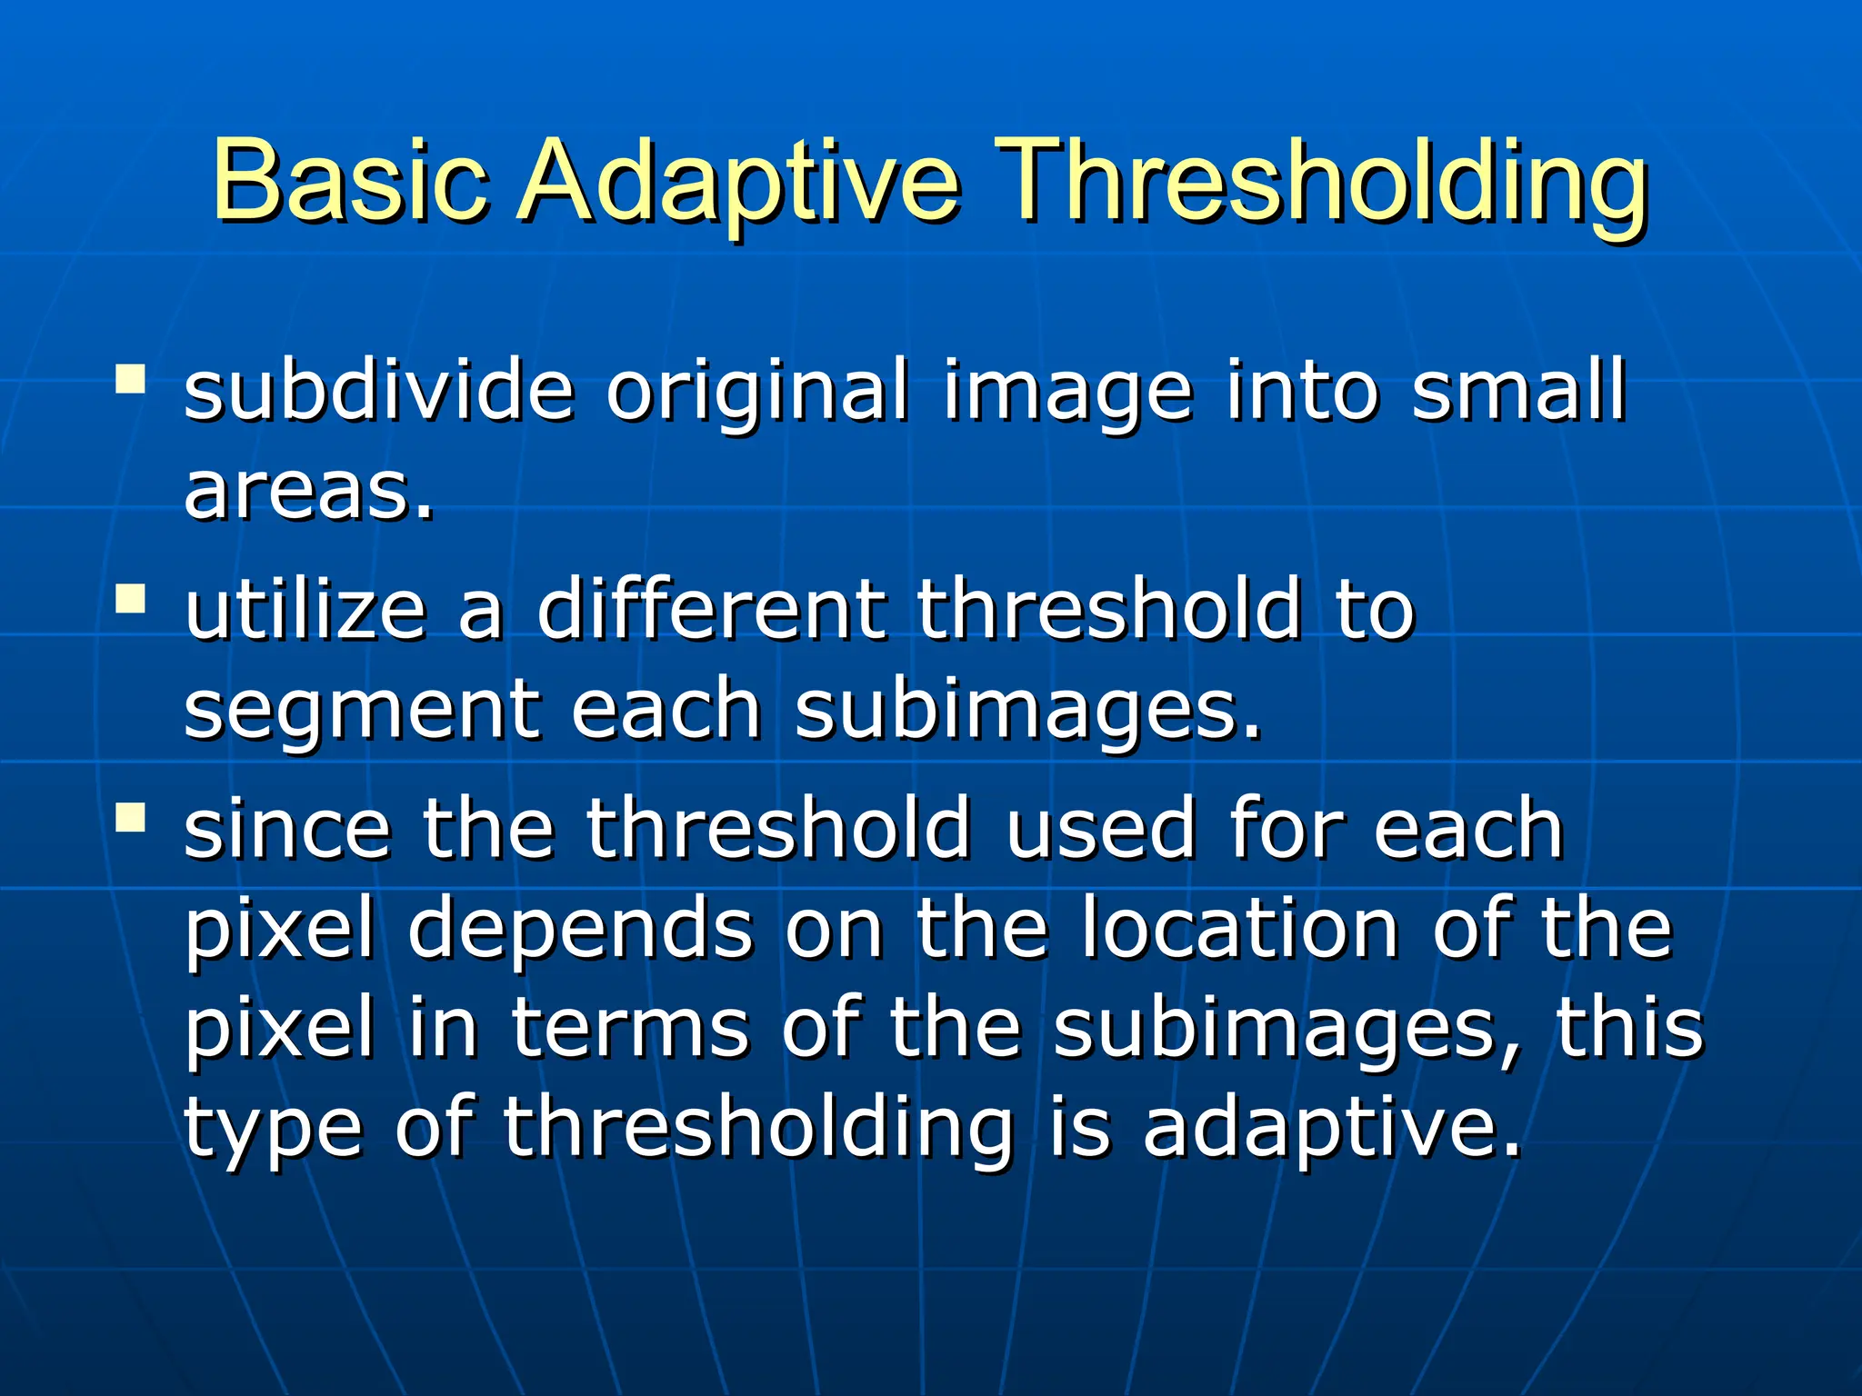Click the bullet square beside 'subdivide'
coord(131,379)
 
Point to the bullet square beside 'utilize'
coord(131,599)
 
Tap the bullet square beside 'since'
coord(131,816)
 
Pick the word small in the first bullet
coord(1517,390)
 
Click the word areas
coord(307,492)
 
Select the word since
coord(287,828)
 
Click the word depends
coord(580,932)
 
